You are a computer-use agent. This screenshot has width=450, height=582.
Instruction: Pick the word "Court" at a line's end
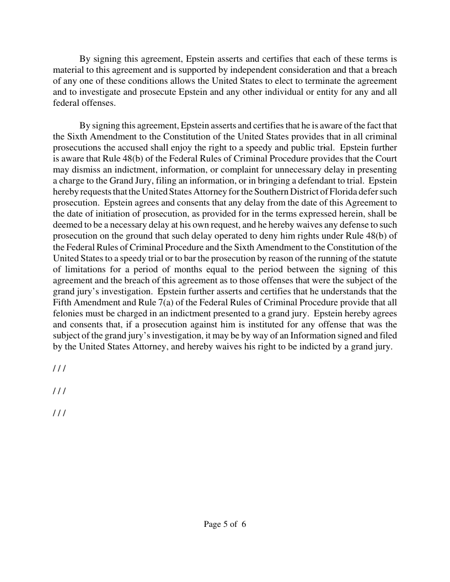385,159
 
